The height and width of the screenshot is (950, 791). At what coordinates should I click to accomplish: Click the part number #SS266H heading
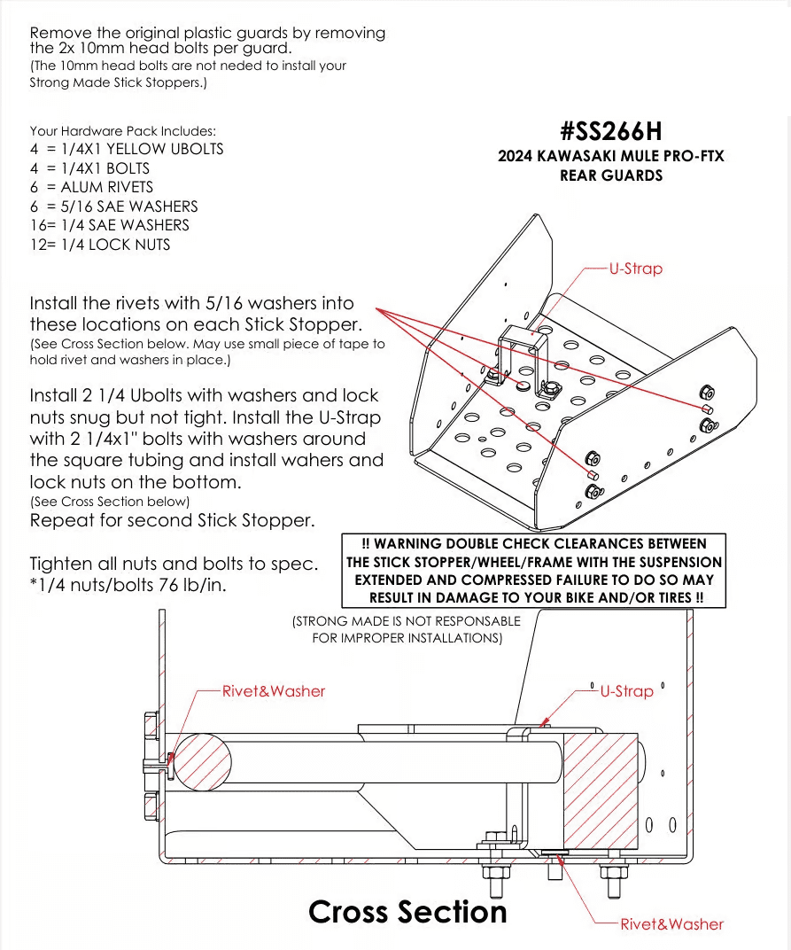pos(610,131)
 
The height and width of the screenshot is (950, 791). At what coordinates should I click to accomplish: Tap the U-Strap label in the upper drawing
pos(635,269)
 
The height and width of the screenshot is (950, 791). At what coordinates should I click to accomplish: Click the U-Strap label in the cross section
pos(626,691)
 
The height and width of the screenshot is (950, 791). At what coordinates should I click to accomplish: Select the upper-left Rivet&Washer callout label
pos(273,691)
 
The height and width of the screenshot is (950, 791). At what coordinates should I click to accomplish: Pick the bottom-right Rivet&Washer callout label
pos(671,924)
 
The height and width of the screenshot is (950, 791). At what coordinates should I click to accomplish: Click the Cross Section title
pos(407,911)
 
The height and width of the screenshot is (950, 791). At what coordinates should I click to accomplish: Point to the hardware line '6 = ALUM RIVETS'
pos(91,187)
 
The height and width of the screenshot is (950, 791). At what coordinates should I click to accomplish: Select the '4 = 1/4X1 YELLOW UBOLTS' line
pos(127,149)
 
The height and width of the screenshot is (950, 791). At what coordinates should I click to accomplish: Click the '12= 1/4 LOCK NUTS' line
pos(100,245)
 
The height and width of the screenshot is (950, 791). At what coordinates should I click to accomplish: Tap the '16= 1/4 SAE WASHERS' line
pos(110,225)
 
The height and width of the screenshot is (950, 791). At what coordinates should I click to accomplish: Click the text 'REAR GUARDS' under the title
pos(610,175)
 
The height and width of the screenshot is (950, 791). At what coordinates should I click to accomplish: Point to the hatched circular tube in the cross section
pos(201,760)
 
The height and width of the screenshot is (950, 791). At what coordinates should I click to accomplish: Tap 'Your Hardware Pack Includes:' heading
pos(122,130)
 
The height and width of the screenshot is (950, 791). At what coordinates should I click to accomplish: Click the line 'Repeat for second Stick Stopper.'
pos(172,520)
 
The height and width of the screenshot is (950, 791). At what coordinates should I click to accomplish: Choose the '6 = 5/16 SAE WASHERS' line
pos(113,206)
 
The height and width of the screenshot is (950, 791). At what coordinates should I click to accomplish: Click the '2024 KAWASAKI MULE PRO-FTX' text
pos(610,156)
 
